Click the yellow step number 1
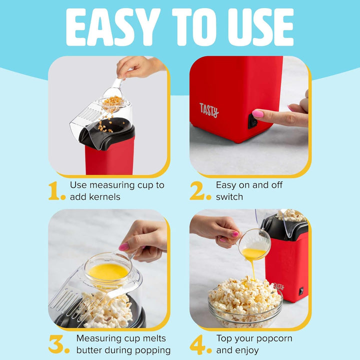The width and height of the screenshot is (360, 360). [x=56, y=190]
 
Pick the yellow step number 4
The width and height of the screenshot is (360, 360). [x=198, y=344]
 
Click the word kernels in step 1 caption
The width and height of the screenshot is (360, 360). [x=103, y=197]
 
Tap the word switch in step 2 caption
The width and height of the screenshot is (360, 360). [x=229, y=197]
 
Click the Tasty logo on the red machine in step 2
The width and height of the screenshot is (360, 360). [x=209, y=109]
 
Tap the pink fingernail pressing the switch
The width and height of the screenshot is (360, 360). [x=258, y=113]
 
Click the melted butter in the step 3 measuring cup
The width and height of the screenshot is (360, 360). [x=108, y=271]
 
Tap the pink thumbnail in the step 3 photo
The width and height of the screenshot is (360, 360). [x=123, y=246]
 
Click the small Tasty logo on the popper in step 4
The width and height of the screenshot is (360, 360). [x=278, y=286]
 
